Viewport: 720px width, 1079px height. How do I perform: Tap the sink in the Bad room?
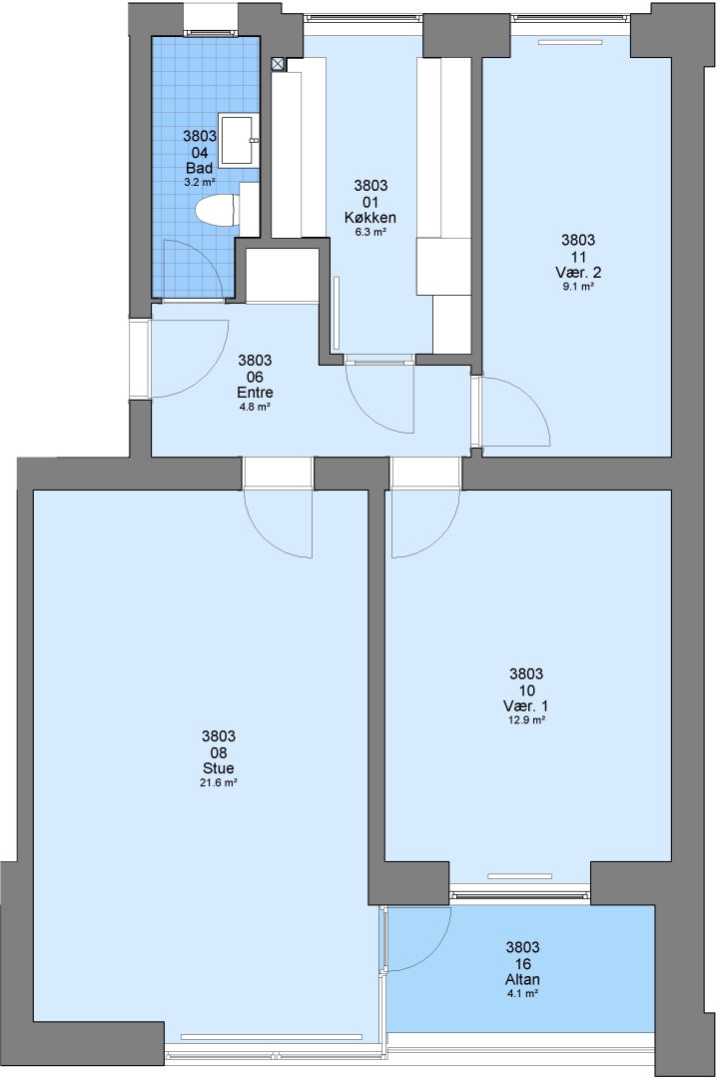238,141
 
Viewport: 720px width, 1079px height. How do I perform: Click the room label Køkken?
369,218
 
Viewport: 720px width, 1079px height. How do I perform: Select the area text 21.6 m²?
220,783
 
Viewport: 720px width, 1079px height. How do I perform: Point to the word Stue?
218,768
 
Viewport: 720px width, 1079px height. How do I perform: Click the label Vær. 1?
525,706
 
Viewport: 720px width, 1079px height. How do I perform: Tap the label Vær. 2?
578,272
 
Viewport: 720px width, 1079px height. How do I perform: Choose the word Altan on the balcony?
522,979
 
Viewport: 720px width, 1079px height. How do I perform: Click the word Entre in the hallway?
255,393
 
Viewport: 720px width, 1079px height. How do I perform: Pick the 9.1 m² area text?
578,287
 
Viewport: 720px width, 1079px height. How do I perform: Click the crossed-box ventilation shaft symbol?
278,64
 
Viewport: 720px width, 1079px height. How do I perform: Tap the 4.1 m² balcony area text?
522,994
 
